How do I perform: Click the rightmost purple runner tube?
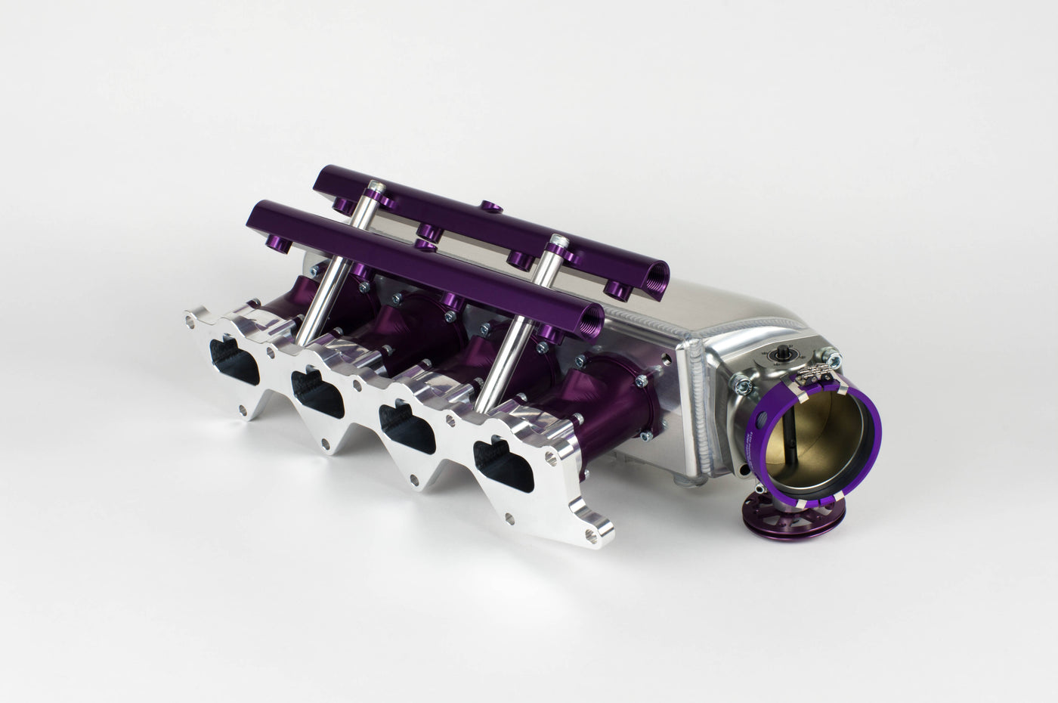605,401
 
